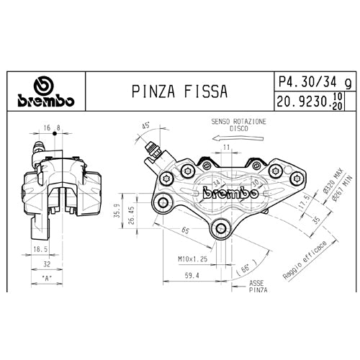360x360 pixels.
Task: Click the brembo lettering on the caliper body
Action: (x=231, y=192)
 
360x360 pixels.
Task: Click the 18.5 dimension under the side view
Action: (x=40, y=248)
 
